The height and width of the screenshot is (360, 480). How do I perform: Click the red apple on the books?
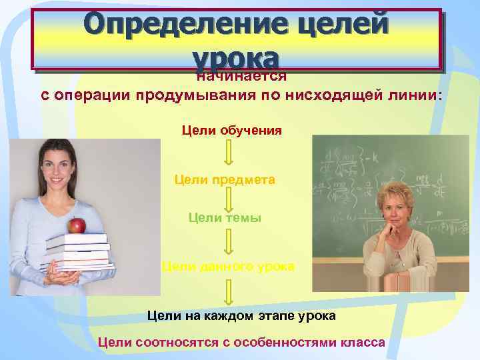pos(77,225)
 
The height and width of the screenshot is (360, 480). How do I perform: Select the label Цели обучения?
pos(231,129)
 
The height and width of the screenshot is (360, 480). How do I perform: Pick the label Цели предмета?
pos(225,179)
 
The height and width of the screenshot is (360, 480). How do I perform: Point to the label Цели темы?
pos(225,217)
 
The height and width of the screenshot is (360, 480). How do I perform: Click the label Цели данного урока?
pos(227,266)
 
